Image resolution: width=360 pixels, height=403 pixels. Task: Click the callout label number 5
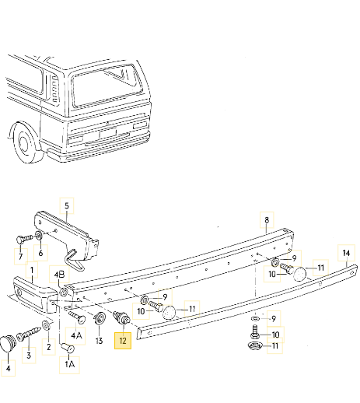[66, 207]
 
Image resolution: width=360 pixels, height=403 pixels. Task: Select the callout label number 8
[266, 220]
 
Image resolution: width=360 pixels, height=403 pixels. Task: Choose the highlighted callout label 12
[123, 340]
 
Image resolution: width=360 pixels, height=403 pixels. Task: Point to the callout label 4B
[60, 273]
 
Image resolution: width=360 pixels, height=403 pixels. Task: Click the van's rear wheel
[29, 145]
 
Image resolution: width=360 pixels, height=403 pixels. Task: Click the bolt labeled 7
[21, 238]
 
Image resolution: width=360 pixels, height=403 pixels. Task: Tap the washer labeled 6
[40, 234]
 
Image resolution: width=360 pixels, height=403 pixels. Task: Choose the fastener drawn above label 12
[121, 319]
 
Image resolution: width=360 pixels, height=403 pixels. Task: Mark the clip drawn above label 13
[100, 318]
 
